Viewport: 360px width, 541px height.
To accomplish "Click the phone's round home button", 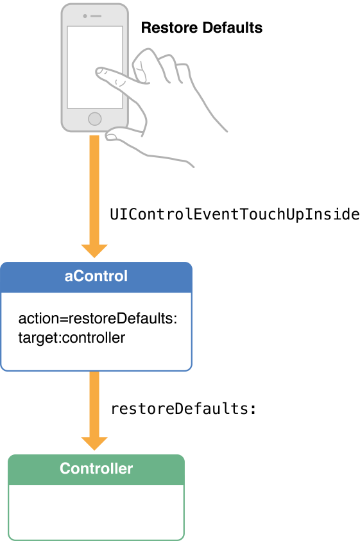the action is pos(94,119).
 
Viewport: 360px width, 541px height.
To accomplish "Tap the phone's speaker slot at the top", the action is pos(97,16).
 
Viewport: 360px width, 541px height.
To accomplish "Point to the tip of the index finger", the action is pos(98,72).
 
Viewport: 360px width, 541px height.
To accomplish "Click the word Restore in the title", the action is pos(169,28).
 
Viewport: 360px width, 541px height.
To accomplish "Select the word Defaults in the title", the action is pos(232,28).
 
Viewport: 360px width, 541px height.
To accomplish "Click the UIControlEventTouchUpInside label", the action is pos(235,214).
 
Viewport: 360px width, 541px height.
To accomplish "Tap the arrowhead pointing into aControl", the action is pos(94,251).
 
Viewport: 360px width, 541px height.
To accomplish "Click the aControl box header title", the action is pos(96,276).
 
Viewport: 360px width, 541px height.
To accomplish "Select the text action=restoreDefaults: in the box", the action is pos(98,318).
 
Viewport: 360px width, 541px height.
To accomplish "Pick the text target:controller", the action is pos(72,338).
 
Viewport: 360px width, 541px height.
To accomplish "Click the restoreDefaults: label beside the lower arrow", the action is pos(184,409).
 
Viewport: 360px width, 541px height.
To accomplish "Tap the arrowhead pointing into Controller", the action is pos(94,443).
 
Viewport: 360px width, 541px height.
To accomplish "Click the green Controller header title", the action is pos(96,468).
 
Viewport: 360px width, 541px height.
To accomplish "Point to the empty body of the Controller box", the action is pos(96,511).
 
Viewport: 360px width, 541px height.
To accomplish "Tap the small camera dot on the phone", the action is pos(85,16).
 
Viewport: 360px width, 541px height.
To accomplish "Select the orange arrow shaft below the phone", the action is pos(94,190).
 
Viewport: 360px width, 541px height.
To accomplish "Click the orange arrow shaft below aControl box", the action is pos(94,404).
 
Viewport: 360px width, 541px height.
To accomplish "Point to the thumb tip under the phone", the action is pos(110,136).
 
